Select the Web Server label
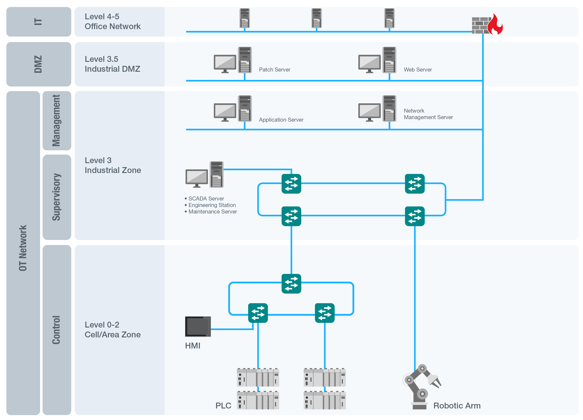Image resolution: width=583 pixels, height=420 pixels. click(417, 70)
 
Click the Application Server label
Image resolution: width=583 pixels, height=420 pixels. click(281, 120)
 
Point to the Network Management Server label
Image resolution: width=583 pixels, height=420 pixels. click(428, 114)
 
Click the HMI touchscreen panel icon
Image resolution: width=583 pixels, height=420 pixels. click(198, 326)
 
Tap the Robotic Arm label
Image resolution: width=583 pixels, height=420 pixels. click(456, 406)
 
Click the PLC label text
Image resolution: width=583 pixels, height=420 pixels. click(223, 406)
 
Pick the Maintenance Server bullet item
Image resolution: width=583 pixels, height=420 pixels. click(212, 212)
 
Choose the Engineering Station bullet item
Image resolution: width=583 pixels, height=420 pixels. click(212, 205)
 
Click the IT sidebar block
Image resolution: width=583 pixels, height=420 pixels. click(39, 22)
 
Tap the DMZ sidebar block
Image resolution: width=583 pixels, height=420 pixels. click(39, 64)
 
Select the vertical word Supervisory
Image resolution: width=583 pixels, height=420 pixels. click(57, 197)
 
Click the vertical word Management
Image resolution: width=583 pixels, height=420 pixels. click(57, 121)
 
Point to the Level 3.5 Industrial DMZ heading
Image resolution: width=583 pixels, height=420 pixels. click(112, 64)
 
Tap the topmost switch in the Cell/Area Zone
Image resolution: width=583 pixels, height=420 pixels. click(291, 283)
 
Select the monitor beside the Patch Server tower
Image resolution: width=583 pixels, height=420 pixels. click(225, 63)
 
